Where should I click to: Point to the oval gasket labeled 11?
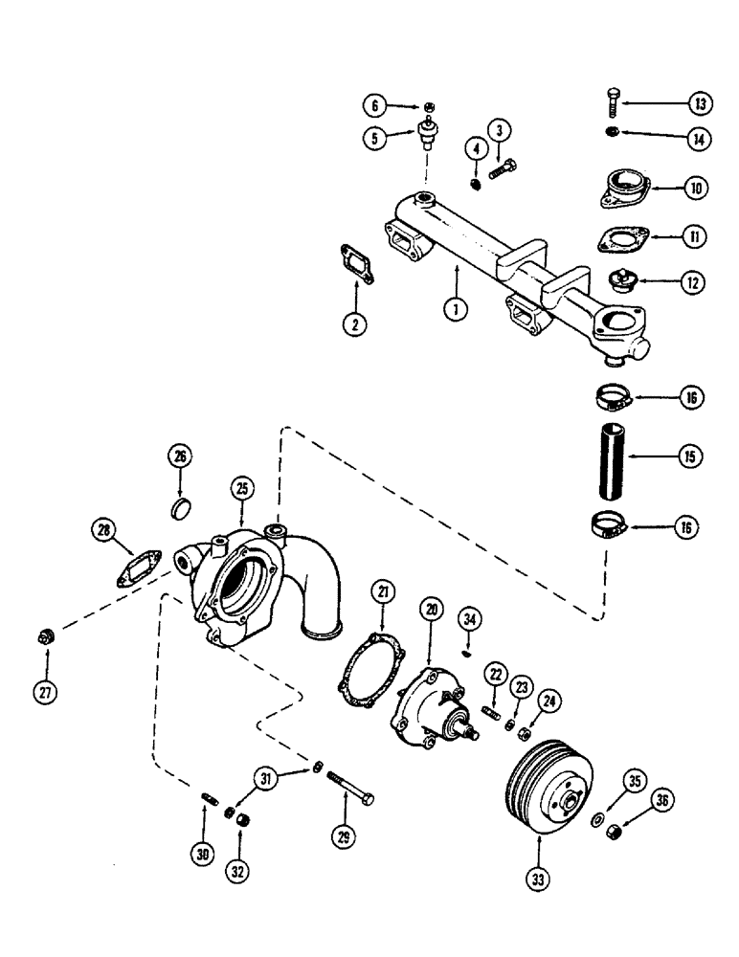623,238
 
